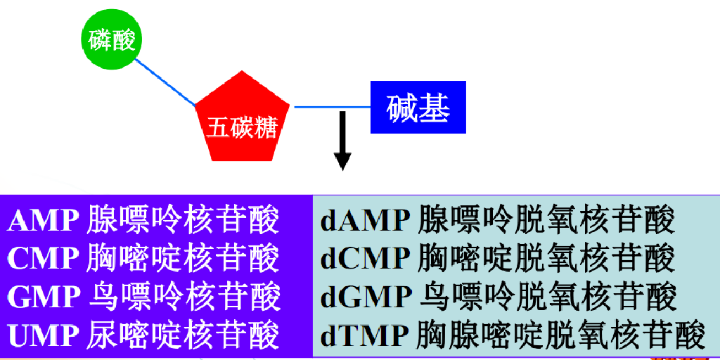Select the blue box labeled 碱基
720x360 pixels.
click(418, 108)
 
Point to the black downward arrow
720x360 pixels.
click(342, 141)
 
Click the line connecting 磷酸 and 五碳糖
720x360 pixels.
click(166, 82)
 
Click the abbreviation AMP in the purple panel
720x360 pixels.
click(44, 221)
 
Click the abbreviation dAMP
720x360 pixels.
click(366, 221)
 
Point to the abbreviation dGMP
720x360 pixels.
click(366, 297)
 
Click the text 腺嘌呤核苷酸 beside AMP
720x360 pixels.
click(184, 221)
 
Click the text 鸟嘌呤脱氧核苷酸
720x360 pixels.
click(548, 297)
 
